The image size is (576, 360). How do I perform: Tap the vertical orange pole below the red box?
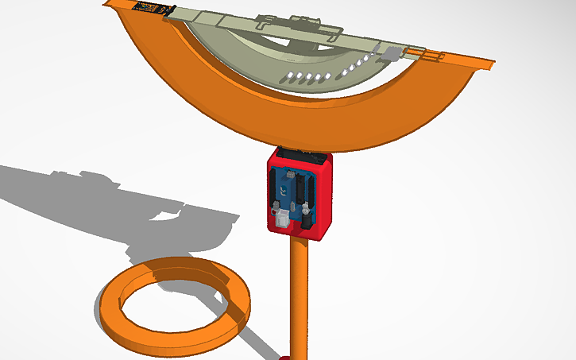tap(299, 294)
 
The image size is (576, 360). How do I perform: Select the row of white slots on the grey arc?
tap(307, 77)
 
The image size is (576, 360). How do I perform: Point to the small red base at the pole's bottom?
tap(284, 358)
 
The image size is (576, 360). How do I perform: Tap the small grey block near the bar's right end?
tap(392, 54)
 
